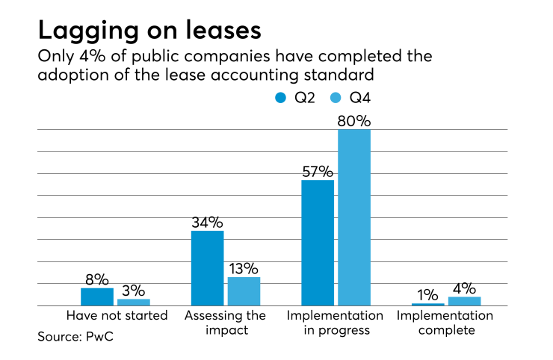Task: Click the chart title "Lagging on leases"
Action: click(149, 31)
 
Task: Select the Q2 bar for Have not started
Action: click(97, 297)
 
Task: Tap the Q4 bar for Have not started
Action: click(134, 302)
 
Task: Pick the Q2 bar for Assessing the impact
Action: click(208, 268)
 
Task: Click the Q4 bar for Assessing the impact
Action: click(244, 291)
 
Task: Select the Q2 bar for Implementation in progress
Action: click(318, 243)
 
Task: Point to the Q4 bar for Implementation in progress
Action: click(354, 217)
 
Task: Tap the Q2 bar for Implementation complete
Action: click(427, 304)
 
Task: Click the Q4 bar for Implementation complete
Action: click(464, 301)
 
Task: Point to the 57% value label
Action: click(318, 171)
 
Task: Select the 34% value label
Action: click(207, 222)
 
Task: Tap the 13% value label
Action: click(244, 268)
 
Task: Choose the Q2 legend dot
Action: click(280, 97)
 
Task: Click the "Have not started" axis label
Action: click(117, 315)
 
